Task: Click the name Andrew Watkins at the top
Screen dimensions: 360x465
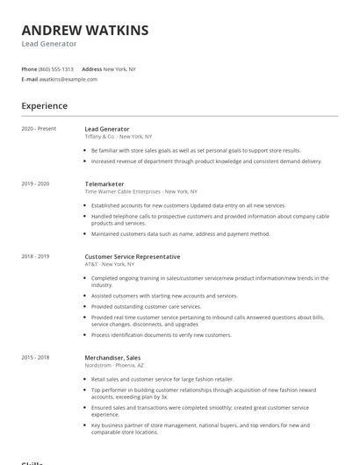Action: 85,30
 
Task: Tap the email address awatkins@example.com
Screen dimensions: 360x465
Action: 68,79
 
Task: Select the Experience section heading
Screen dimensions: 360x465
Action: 45,106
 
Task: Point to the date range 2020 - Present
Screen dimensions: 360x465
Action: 39,129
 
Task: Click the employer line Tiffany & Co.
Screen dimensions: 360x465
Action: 118,136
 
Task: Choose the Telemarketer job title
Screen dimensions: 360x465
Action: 104,183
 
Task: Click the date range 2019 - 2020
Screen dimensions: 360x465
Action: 36,183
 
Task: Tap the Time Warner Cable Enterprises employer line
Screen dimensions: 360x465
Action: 140,190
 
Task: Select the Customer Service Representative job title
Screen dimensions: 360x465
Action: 132,256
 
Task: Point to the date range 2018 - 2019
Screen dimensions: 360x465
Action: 36,256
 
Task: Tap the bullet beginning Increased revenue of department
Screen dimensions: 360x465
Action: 206,161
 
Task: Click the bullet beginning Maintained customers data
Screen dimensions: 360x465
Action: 181,234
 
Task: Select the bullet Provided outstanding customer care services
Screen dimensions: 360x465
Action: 147,306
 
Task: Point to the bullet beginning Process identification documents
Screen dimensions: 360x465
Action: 162,334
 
